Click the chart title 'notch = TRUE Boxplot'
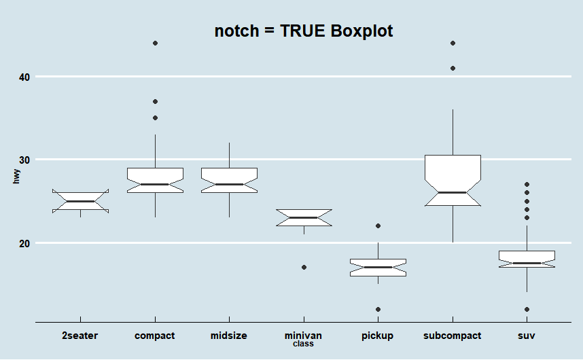click(304, 31)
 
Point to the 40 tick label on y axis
click(24, 77)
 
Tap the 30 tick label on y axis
click(24, 160)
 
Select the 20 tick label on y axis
click(24, 243)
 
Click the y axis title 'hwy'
click(16, 177)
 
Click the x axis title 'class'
click(303, 344)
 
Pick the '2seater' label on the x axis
click(80, 336)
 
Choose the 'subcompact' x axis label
click(452, 336)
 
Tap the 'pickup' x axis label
click(378, 336)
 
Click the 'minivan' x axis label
click(303, 336)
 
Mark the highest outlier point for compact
click(155, 43)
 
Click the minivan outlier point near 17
click(304, 268)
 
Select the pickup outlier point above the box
click(378, 226)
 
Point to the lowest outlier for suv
click(527, 309)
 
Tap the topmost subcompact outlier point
click(453, 43)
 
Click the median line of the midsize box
click(229, 184)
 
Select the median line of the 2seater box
click(80, 201)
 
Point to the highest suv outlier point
click(527, 185)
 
